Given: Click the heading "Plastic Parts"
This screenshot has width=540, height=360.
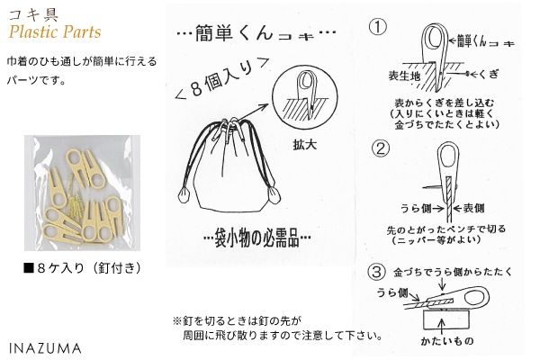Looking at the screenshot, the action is (55, 31).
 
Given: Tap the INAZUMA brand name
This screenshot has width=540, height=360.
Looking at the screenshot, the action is (45, 348).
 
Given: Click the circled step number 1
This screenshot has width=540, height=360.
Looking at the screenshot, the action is (378, 27).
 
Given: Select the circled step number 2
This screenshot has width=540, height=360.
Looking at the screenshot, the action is (381, 148).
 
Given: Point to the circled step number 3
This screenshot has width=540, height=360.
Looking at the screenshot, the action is (377, 272).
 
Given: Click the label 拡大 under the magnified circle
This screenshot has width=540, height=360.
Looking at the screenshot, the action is (305, 145).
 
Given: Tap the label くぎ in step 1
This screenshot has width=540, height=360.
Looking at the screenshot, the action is (488, 74).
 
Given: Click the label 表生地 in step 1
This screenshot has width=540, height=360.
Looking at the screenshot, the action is (404, 76).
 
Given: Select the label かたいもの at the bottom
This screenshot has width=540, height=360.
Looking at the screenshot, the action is (447, 341).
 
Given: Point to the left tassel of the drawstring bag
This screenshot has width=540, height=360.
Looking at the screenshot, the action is (184, 196).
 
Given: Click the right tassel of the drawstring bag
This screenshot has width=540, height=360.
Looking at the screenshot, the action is (274, 196).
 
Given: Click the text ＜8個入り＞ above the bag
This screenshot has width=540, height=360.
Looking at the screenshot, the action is (223, 79).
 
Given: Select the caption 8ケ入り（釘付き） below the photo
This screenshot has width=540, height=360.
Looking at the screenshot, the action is (83, 268).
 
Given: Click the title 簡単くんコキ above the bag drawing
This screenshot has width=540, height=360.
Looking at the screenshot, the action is (256, 33).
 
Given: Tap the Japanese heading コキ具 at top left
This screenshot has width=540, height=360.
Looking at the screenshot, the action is (33, 14).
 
